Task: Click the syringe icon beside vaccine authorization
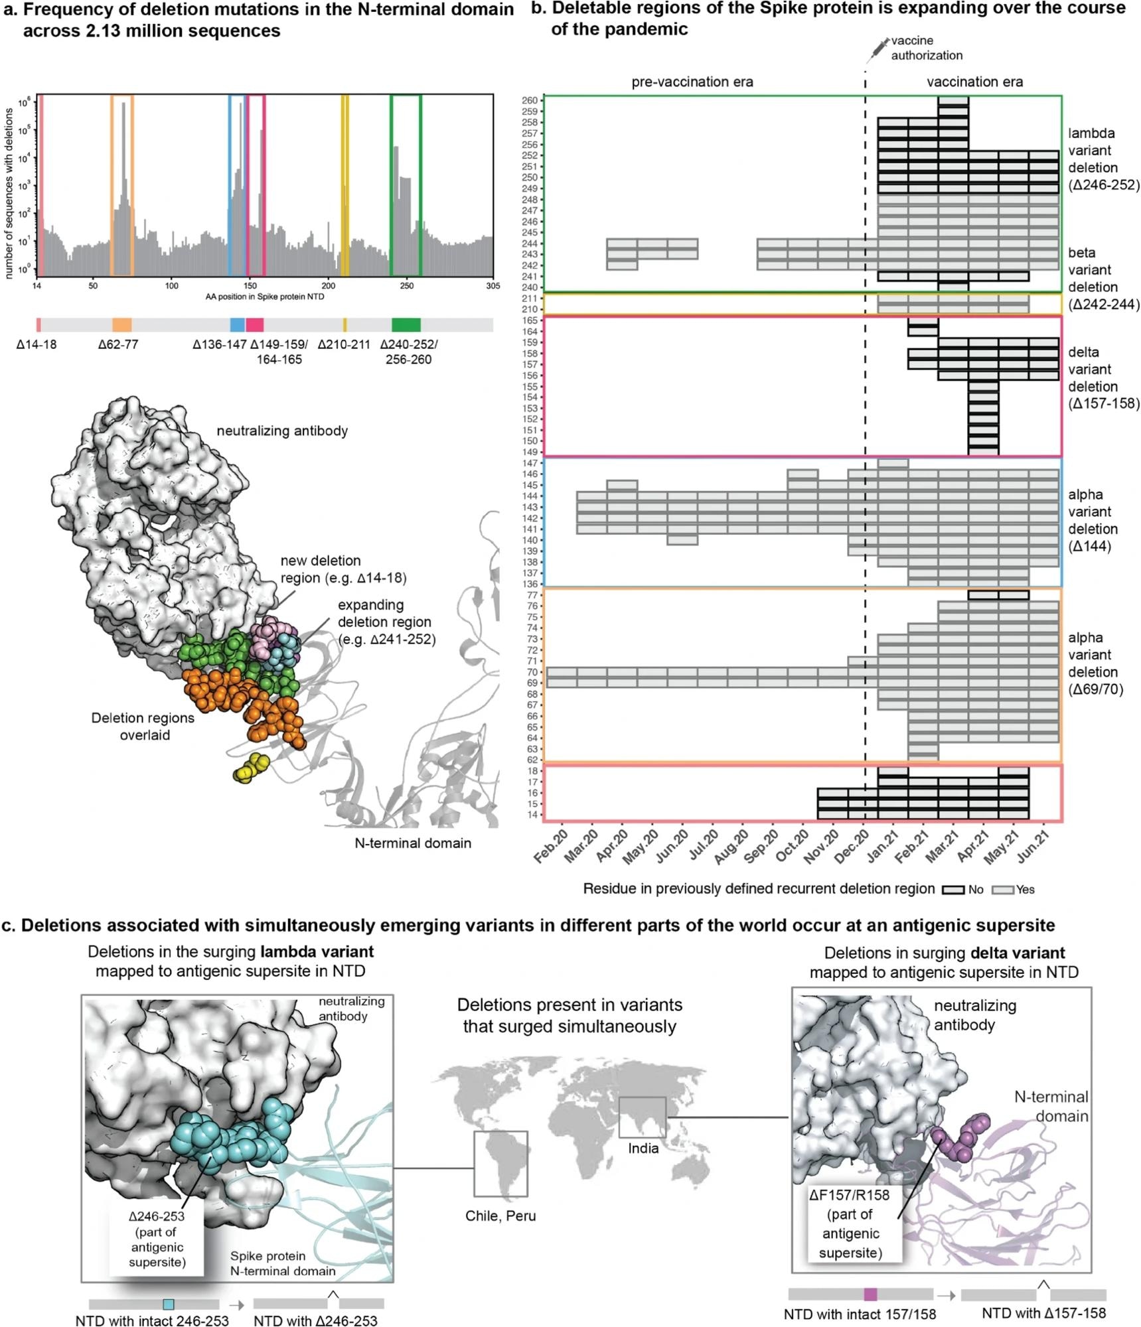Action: [877, 48]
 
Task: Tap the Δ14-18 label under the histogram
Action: [37, 344]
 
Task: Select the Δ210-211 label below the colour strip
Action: [344, 344]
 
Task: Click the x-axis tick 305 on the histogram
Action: [493, 286]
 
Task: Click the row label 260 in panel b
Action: [530, 101]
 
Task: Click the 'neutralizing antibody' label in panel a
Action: [282, 431]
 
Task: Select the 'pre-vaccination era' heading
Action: [692, 82]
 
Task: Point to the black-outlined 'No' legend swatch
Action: [953, 890]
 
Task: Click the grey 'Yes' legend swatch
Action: [1002, 890]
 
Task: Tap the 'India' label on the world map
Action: [643, 1148]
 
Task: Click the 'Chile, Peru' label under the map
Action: [500, 1216]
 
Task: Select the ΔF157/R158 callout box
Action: [850, 1223]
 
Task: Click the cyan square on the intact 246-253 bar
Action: [169, 1304]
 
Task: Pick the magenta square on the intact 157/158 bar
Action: [870, 1294]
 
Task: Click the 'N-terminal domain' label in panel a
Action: [413, 843]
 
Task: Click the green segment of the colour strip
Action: [406, 324]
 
